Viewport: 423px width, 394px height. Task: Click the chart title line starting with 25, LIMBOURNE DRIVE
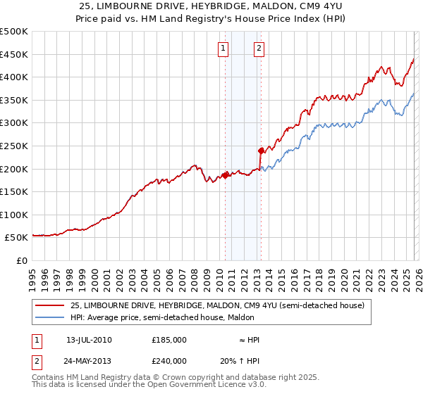pyautogui.click(x=211, y=7)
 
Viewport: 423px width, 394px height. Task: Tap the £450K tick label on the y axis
pyautogui.click(x=14, y=54)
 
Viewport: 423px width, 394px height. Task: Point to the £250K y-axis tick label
pyautogui.click(x=14, y=146)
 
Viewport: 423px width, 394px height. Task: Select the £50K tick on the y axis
pyautogui.click(x=17, y=238)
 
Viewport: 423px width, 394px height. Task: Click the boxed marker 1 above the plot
pyautogui.click(x=223, y=49)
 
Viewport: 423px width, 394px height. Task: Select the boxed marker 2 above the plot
pyautogui.click(x=259, y=49)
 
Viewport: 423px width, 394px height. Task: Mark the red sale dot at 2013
pyautogui.click(x=261, y=150)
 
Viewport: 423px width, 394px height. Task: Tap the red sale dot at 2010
pyautogui.click(x=226, y=175)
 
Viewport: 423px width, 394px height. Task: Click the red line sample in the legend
pyautogui.click(x=49, y=305)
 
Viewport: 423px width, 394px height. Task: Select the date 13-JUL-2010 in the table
pyautogui.click(x=89, y=340)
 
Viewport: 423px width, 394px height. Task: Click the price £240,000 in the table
pyautogui.click(x=169, y=360)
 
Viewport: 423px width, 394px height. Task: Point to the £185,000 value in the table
pyautogui.click(x=169, y=340)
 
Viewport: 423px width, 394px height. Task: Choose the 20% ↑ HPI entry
pyautogui.click(x=239, y=360)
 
